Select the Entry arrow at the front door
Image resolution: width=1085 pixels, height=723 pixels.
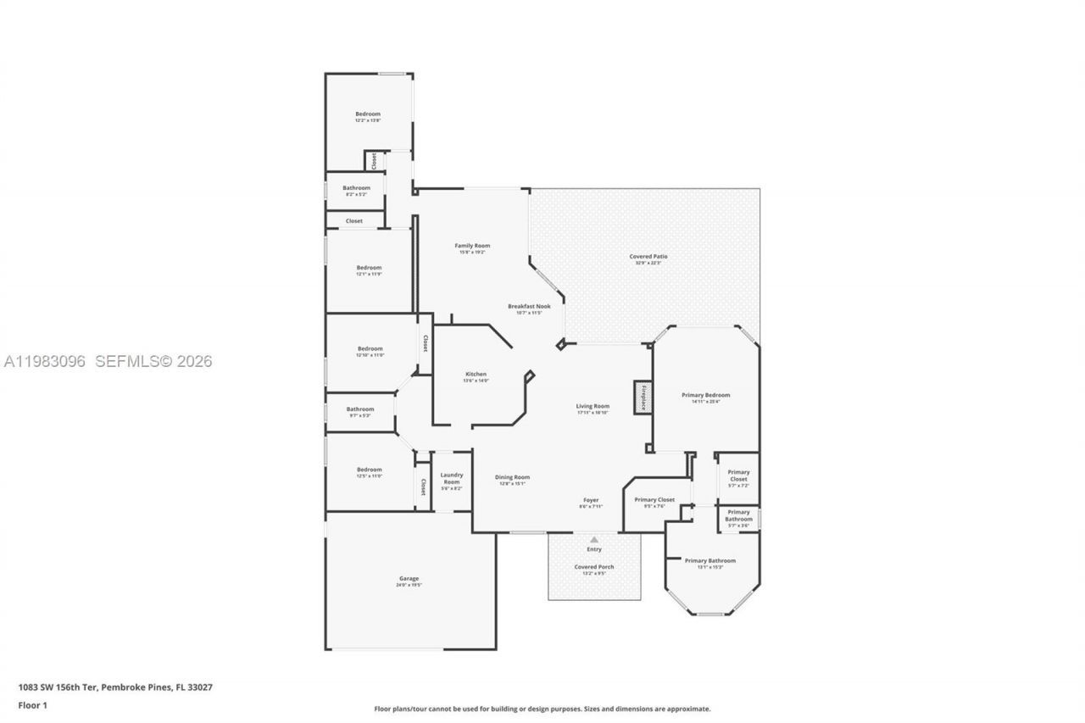(594, 540)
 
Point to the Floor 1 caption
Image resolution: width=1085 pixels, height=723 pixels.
(33, 704)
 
